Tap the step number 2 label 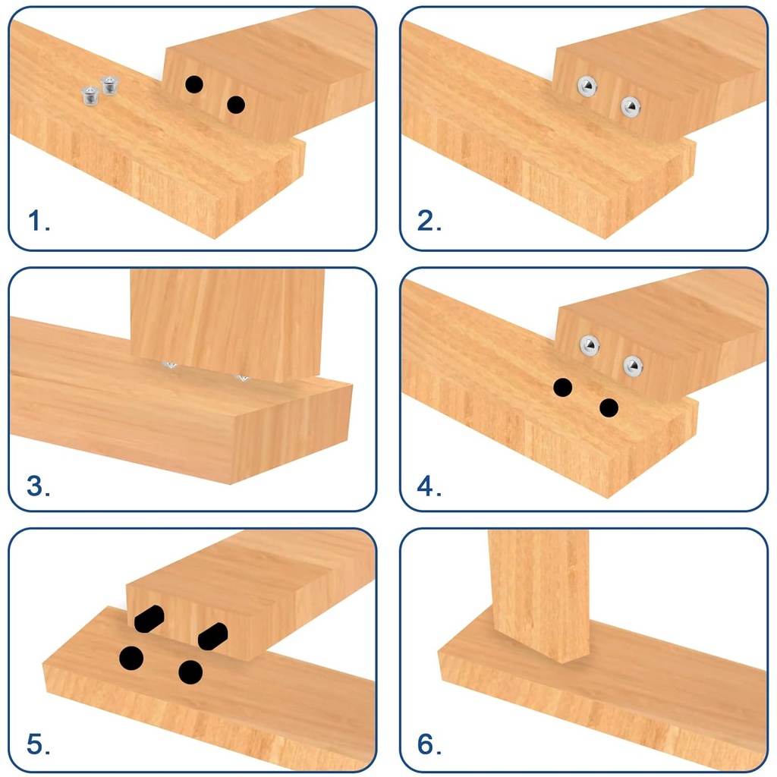[429, 222]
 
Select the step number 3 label [39, 486]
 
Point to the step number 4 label [429, 486]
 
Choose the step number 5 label [39, 745]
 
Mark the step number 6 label [429, 745]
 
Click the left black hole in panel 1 [194, 85]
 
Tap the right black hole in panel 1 [236, 105]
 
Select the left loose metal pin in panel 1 [90, 96]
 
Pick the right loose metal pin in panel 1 [109, 85]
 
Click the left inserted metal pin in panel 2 [587, 85]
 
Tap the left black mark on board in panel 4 [562, 388]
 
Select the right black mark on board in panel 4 [609, 408]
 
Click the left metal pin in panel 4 [590, 345]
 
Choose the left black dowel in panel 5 [149, 618]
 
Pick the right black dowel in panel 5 [212, 636]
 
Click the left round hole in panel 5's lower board [131, 657]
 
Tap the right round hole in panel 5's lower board [190, 672]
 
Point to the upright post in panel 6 [539, 592]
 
